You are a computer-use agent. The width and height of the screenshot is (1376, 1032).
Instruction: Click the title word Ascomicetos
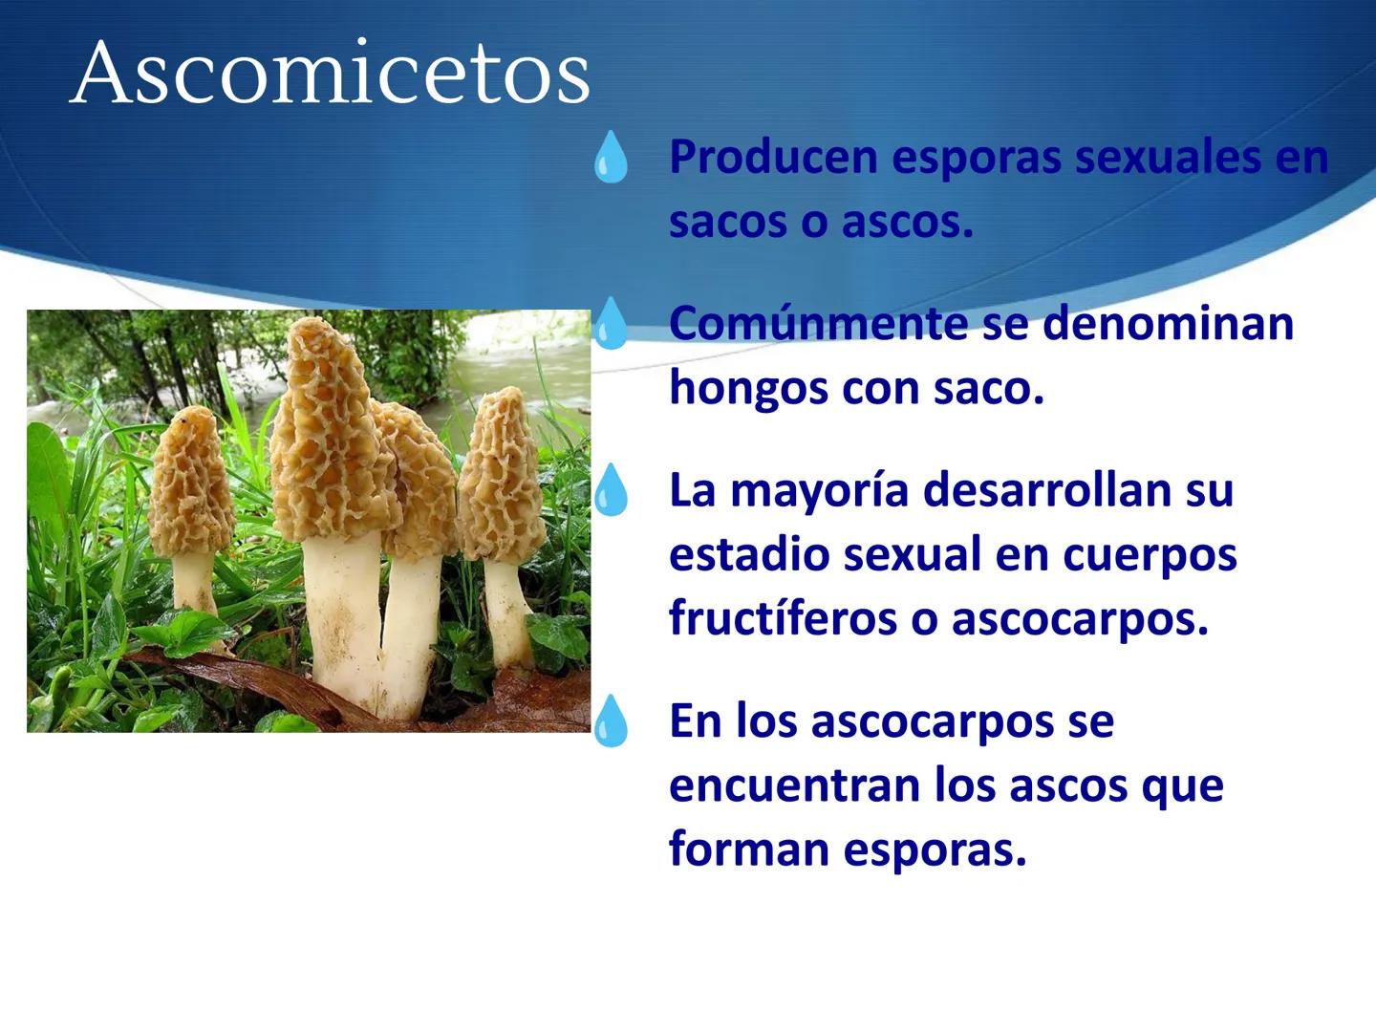331,73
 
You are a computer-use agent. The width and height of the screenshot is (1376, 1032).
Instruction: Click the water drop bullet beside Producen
611,158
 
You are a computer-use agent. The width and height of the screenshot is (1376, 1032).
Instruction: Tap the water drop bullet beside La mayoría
611,491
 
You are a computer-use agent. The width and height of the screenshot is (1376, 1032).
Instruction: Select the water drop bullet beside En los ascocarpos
611,721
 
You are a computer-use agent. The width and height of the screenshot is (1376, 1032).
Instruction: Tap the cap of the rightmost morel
501,478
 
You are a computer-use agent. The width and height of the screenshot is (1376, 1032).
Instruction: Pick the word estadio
730,555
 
